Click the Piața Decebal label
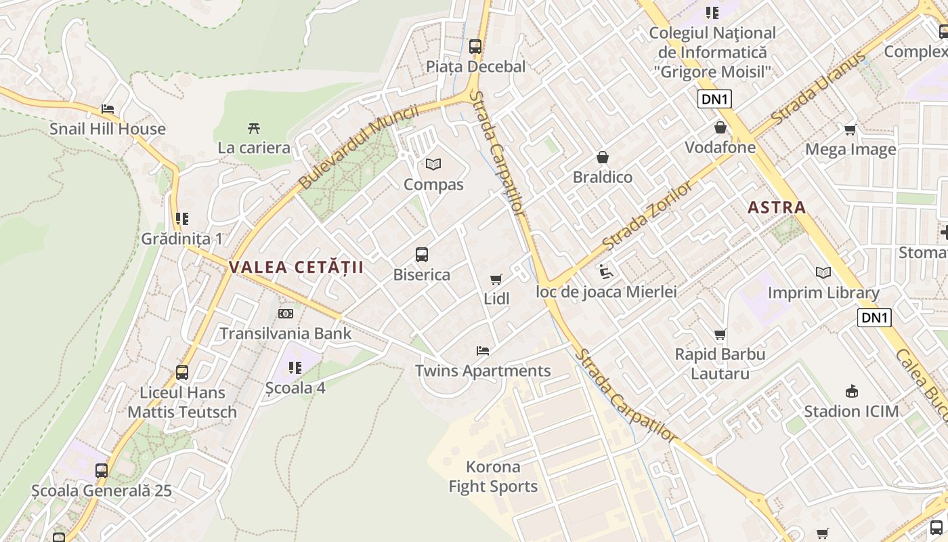tap(475, 66)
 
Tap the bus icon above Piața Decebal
tap(475, 46)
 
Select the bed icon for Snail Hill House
tap(108, 108)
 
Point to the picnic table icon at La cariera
tap(254, 127)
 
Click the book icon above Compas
tap(433, 164)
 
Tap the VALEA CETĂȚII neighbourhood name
tap(296, 267)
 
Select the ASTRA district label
tap(777, 207)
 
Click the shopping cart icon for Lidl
tap(496, 279)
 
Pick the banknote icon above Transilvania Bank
tap(286, 314)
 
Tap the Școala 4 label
tap(295, 388)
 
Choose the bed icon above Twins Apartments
tap(483, 351)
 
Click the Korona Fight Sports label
tap(493, 476)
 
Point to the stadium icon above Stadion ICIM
tap(852, 391)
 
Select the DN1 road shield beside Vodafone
tap(714, 100)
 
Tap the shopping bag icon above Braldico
tap(602, 157)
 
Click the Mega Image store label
tap(850, 149)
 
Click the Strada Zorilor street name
tap(648, 214)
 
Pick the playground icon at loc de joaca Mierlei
tap(606, 272)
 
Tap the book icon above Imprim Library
tap(823, 272)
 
